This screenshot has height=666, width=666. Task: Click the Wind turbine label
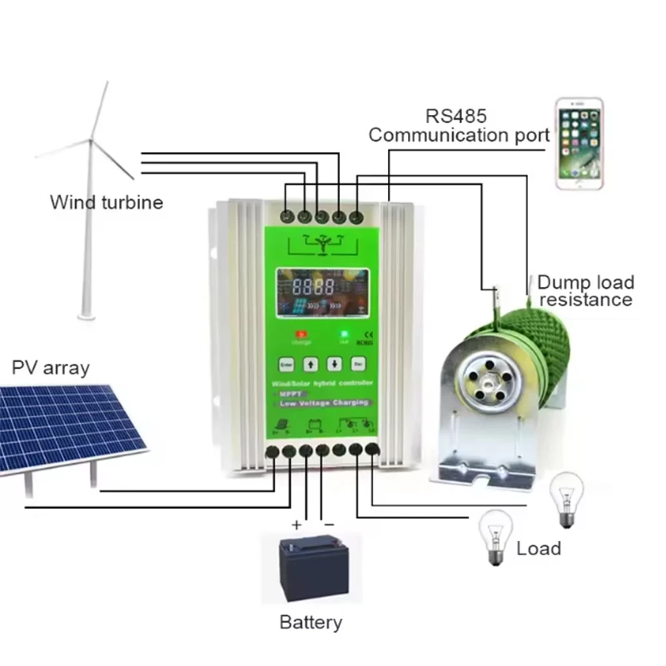(x=107, y=201)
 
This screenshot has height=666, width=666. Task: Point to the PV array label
(x=50, y=368)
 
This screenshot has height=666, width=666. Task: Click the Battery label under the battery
(x=311, y=622)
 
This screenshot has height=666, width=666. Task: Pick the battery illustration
(x=311, y=568)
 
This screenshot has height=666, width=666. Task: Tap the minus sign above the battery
(x=329, y=524)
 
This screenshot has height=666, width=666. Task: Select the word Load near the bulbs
(x=539, y=549)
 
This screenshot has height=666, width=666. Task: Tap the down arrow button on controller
(x=334, y=363)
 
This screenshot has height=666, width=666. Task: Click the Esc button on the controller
(x=358, y=363)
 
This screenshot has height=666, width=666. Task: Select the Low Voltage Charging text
(x=321, y=403)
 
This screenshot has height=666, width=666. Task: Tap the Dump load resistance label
(x=584, y=291)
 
